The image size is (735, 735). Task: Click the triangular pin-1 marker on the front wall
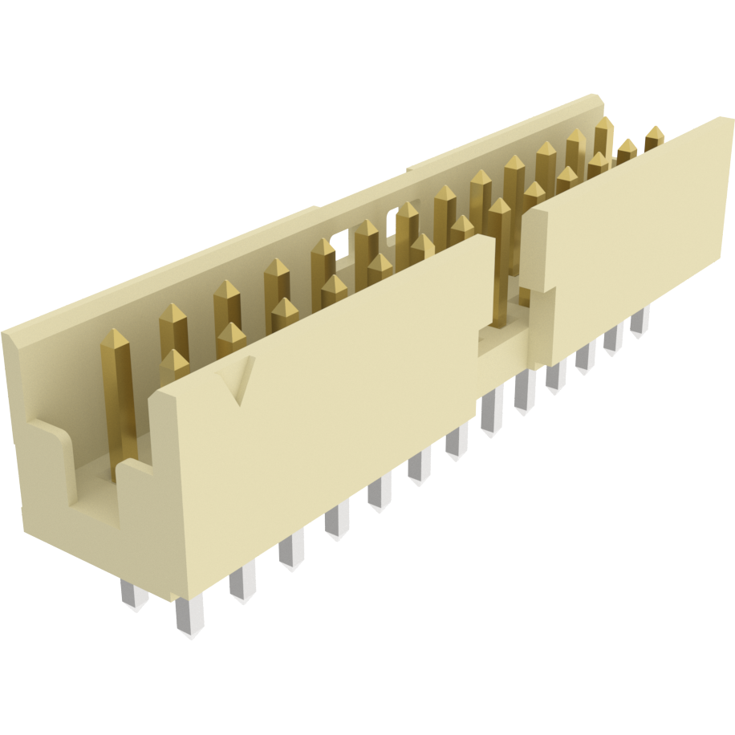[240, 380]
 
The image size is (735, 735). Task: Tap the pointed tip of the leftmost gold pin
[115, 334]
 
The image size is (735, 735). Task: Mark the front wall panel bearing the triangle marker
[329, 401]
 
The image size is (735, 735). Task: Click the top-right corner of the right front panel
[729, 120]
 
